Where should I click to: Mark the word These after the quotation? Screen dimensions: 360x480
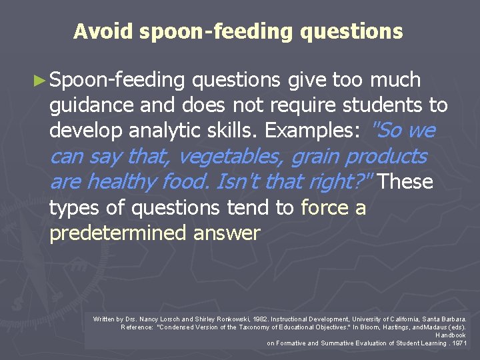coord(408,182)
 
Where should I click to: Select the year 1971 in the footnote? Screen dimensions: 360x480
coord(459,343)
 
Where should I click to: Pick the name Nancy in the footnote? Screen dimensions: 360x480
coord(148,320)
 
